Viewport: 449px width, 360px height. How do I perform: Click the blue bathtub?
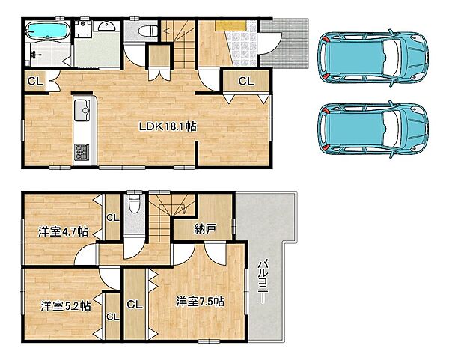[48, 31]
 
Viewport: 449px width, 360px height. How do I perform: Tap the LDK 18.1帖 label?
[168, 126]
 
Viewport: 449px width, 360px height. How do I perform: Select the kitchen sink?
[82, 110]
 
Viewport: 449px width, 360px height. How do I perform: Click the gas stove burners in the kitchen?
[82, 152]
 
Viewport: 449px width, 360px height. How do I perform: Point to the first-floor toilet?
[147, 31]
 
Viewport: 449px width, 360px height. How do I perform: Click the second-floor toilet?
[133, 204]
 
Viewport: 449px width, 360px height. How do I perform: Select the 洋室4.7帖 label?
[64, 231]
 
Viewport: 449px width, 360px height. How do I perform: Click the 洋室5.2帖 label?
[66, 306]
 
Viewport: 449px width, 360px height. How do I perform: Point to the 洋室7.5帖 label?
[200, 302]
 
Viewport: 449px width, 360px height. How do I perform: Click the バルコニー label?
[263, 281]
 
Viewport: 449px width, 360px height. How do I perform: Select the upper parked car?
[373, 58]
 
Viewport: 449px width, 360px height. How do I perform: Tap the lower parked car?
[373, 129]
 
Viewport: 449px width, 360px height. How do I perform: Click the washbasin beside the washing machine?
[107, 26]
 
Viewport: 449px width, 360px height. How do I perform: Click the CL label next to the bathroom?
[35, 81]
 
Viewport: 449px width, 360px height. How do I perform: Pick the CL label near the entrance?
[246, 81]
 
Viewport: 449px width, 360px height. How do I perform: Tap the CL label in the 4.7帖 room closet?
[113, 218]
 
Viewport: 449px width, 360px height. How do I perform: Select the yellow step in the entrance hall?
[230, 25]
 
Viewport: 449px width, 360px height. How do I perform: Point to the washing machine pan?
[83, 29]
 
